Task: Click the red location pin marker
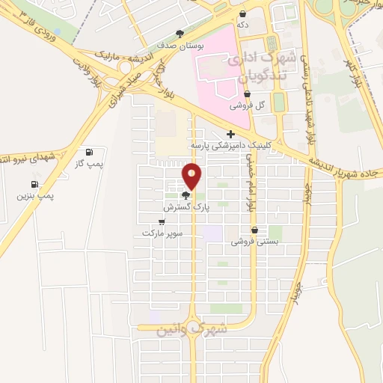[x=192, y=177]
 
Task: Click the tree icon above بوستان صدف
[x=179, y=34]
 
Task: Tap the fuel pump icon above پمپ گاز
[x=91, y=152]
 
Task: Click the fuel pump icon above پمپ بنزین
[x=34, y=185]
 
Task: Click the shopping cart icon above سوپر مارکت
[x=162, y=222]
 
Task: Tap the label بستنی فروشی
[x=254, y=242]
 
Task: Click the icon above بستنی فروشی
[x=255, y=230]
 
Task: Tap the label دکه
[x=243, y=25]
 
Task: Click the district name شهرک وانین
[x=191, y=329]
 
